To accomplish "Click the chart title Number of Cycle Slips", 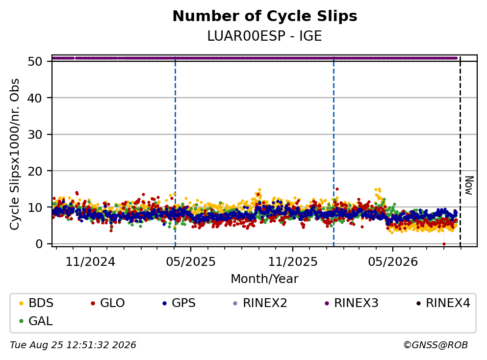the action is click(x=265, y=16).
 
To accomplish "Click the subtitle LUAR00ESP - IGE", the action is click(x=265, y=36).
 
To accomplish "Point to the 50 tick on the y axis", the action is click(x=35, y=61).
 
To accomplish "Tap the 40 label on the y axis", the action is click(x=35, y=98).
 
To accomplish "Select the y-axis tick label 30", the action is click(x=35, y=134).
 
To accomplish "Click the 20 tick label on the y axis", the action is click(x=35, y=171).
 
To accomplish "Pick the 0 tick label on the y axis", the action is click(x=39, y=244).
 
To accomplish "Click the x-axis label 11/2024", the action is click(x=90, y=262).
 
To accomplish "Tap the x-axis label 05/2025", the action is click(x=191, y=262).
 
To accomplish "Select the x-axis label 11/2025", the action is click(x=293, y=262).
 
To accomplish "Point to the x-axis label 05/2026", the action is click(x=393, y=262).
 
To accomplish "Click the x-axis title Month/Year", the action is click(x=265, y=279).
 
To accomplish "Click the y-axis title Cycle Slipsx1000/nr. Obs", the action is click(x=14, y=154).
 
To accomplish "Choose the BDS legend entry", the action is click(x=36, y=303).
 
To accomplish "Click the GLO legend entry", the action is click(x=108, y=303).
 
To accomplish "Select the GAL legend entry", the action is click(x=36, y=321).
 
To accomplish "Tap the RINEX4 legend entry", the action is click(x=443, y=303).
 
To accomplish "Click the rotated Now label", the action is click(x=469, y=185).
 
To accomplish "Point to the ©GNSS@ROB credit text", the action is click(x=436, y=345).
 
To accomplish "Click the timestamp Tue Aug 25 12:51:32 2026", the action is click(x=73, y=345).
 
